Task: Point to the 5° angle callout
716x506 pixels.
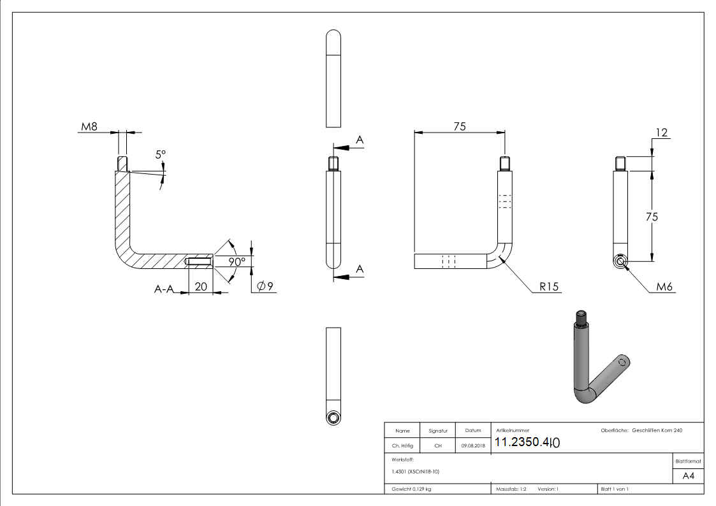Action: pyautogui.click(x=160, y=154)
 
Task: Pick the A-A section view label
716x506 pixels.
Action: pyautogui.click(x=164, y=289)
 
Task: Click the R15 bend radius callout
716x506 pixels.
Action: pyautogui.click(x=548, y=287)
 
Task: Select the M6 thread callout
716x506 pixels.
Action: pyautogui.click(x=665, y=287)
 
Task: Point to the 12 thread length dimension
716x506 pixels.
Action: pyautogui.click(x=661, y=132)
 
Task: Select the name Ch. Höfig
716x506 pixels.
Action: pyautogui.click(x=402, y=445)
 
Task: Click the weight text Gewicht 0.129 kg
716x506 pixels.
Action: pyautogui.click(x=412, y=489)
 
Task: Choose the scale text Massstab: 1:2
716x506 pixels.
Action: pyautogui.click(x=511, y=489)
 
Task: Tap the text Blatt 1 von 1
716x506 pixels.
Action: pyautogui.click(x=614, y=489)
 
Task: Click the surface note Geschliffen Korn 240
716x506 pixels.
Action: pyautogui.click(x=657, y=431)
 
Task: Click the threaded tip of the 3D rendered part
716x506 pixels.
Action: pyautogui.click(x=581, y=315)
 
